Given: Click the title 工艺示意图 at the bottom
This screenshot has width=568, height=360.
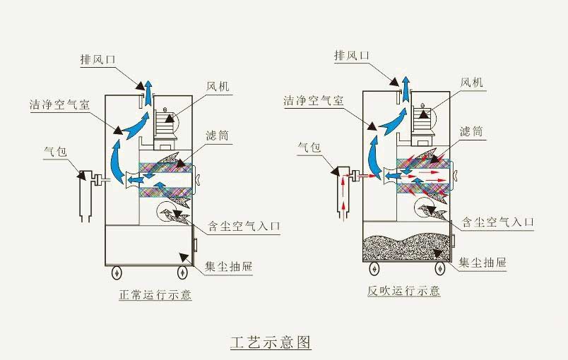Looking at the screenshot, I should click(271, 343).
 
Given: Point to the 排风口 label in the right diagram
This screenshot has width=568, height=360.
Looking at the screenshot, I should click(351, 56).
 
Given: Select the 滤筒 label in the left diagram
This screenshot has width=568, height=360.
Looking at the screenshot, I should click(218, 135).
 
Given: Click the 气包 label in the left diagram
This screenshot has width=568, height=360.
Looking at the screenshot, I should click(54, 151).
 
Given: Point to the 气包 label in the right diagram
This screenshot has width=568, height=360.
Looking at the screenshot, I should click(309, 148).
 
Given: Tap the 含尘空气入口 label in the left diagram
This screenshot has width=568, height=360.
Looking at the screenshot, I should click(244, 227).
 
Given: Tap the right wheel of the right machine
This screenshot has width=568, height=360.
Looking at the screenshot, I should click(438, 268).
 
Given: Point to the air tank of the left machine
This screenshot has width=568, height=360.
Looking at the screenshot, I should click(86, 194).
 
